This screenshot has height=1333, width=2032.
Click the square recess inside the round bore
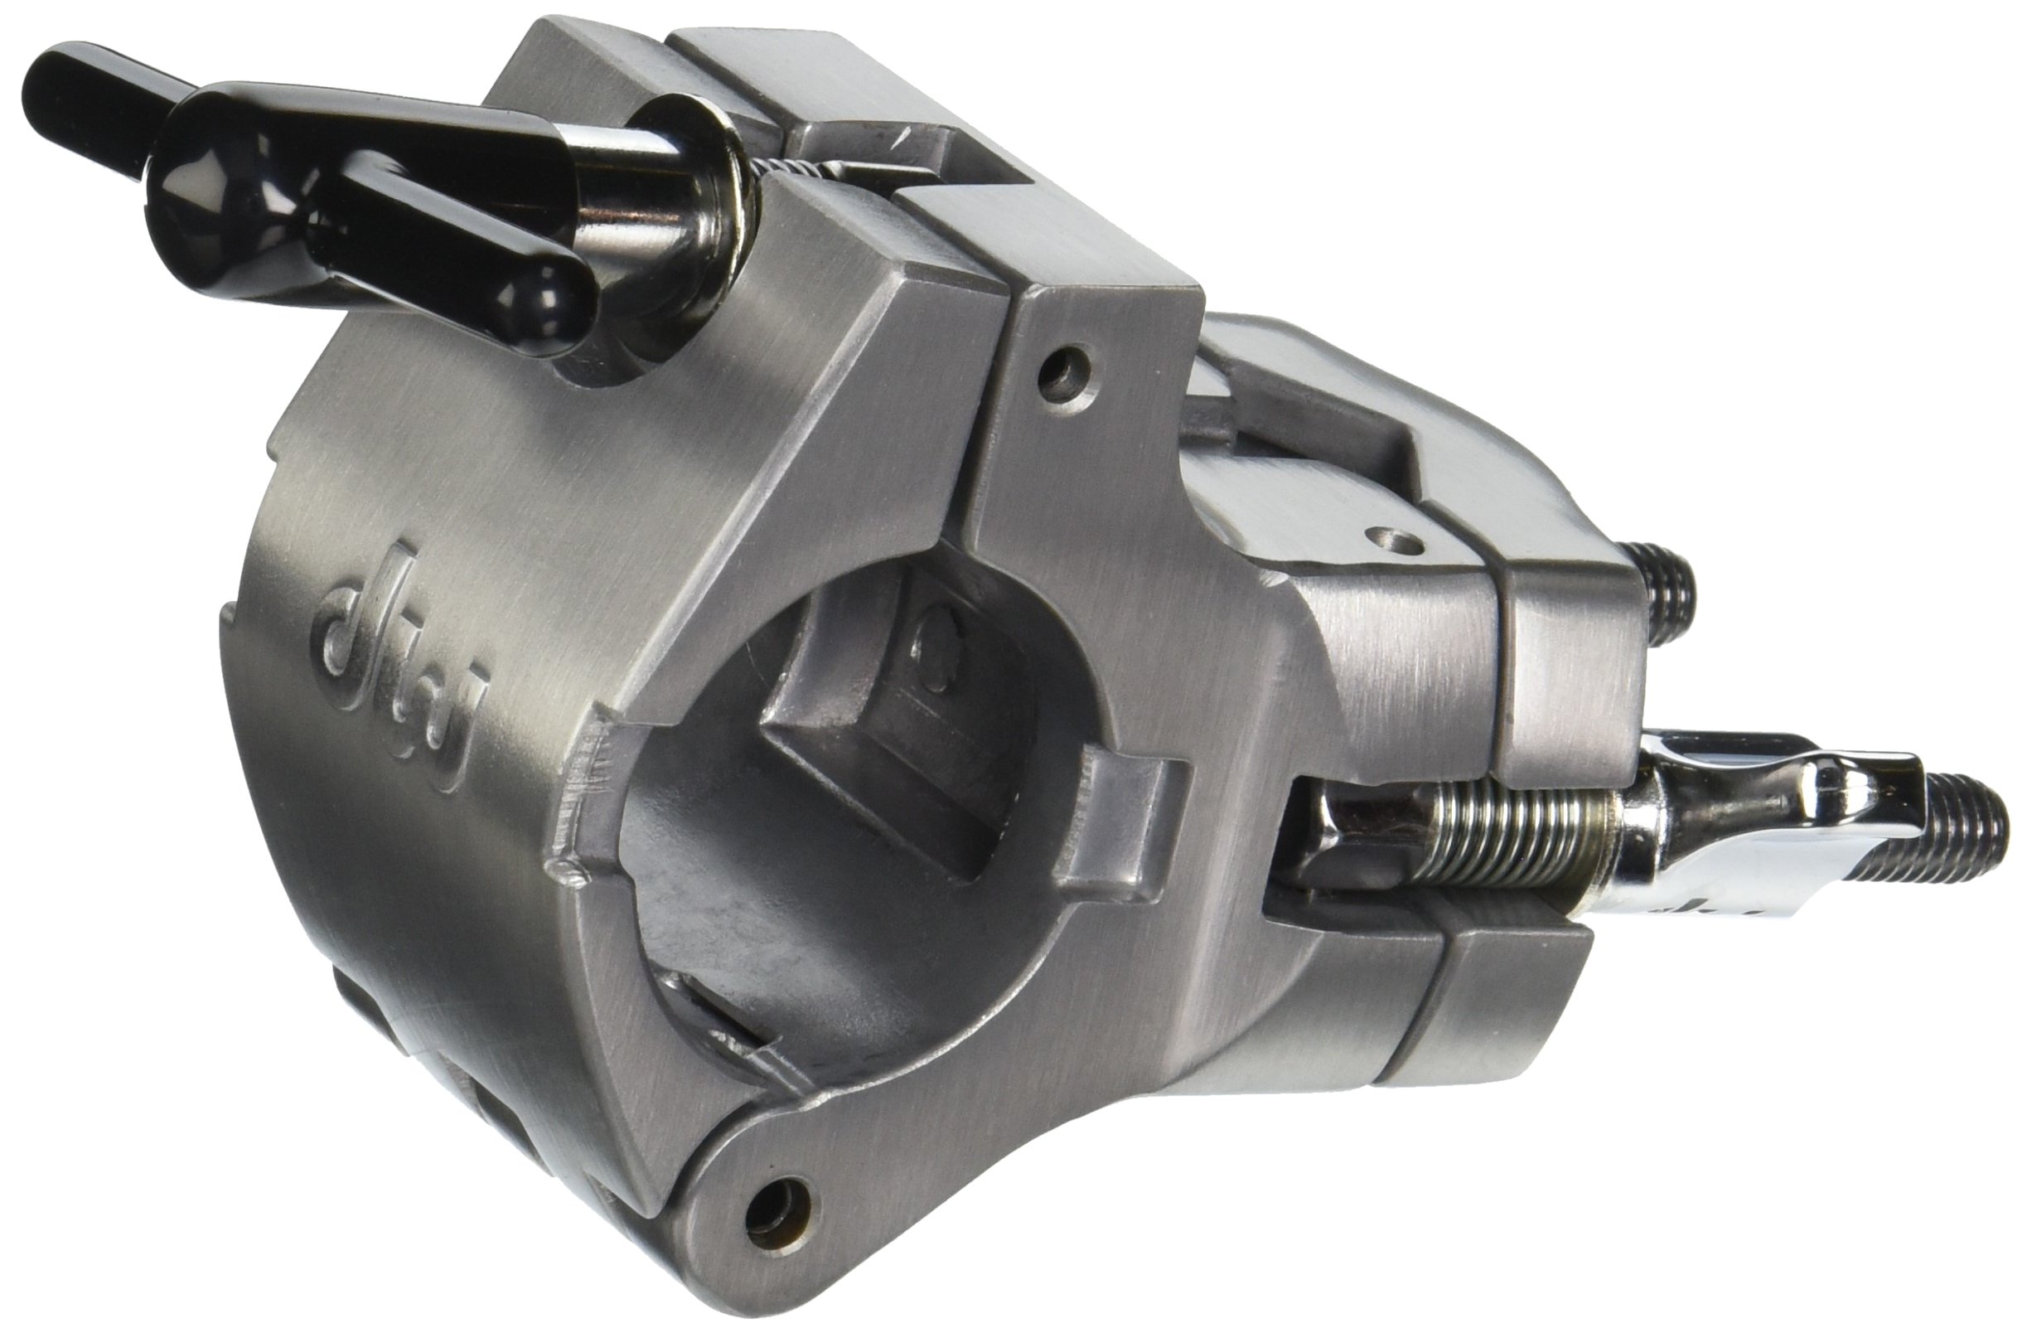click(x=871, y=751)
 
